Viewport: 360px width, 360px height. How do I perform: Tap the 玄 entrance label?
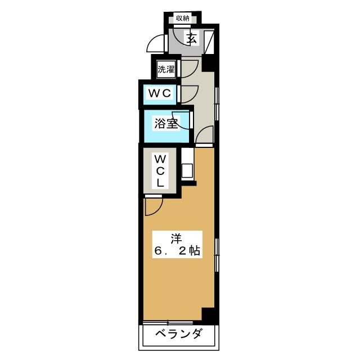[x=192, y=39]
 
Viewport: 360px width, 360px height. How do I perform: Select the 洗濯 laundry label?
[x=166, y=70]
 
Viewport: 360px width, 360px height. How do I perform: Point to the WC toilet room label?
[x=159, y=93]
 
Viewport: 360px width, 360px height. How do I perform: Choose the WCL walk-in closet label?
[x=160, y=170]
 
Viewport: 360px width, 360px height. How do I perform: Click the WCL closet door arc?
[x=152, y=207]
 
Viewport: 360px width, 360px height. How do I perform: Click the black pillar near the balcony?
[x=209, y=316]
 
